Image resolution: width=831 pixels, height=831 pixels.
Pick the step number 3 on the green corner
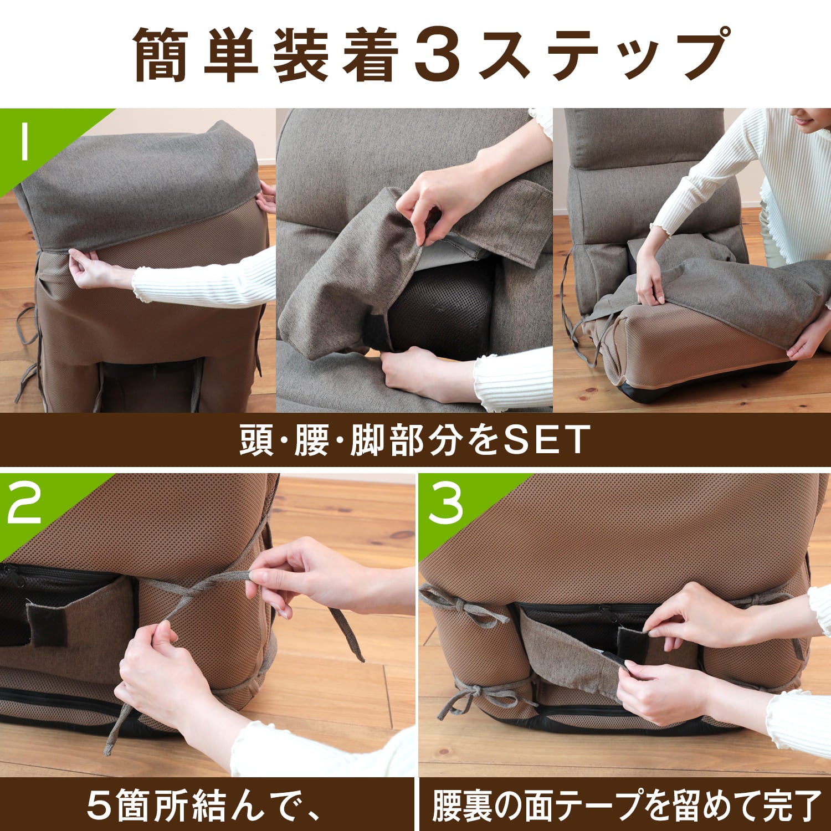tap(446, 505)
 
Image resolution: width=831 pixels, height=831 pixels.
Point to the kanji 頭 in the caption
tap(257, 440)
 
